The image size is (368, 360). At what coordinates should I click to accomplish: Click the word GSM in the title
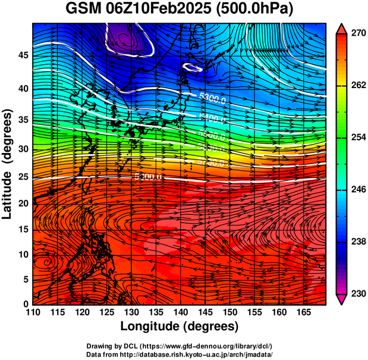click(x=84, y=10)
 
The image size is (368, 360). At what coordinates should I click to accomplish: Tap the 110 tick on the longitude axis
click(x=33, y=312)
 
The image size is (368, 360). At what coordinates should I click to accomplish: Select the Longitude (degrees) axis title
click(x=180, y=326)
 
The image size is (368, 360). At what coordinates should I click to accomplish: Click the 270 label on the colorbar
click(x=354, y=34)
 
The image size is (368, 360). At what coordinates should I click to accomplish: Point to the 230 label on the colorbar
click(x=354, y=293)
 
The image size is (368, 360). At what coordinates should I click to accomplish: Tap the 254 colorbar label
click(x=354, y=137)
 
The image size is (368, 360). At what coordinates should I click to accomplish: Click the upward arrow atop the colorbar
click(x=341, y=27)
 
